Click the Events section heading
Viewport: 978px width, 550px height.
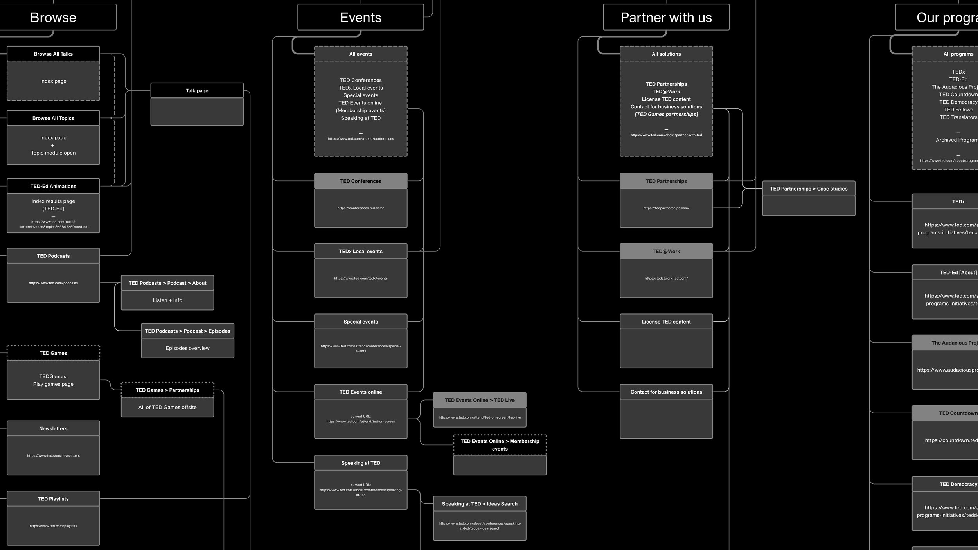[360, 17]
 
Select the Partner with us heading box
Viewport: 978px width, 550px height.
[666, 17]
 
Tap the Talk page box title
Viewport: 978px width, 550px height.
[197, 90]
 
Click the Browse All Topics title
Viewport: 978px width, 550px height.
[53, 118]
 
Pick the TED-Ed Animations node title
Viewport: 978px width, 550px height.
[53, 186]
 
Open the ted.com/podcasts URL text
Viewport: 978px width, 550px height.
[53, 283]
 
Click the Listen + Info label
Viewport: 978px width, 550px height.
[167, 300]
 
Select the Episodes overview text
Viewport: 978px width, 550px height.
[187, 348]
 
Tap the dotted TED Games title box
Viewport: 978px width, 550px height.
[53, 353]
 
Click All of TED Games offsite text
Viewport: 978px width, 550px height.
[167, 407]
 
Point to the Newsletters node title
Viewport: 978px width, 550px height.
[53, 428]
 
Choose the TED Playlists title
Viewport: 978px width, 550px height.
[53, 499]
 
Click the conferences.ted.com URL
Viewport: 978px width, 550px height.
[361, 208]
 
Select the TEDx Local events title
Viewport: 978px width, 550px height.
[361, 251]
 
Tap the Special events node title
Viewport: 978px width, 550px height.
[361, 322]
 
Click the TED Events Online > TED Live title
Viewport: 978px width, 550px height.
[480, 400]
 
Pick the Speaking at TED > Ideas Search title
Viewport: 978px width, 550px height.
[480, 504]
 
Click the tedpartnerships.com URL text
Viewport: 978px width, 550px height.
[666, 208]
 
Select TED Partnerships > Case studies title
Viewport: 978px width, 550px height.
[809, 189]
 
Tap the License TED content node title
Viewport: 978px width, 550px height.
[666, 322]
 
